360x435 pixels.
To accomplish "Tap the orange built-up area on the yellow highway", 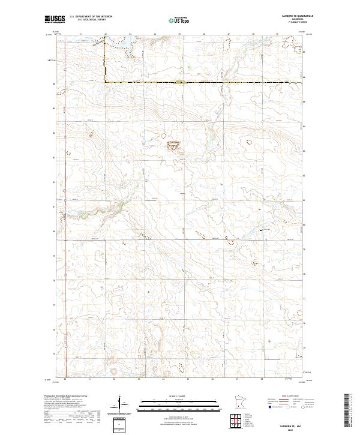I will tap(179, 82).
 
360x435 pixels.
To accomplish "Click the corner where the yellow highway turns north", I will tap(106, 82).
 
